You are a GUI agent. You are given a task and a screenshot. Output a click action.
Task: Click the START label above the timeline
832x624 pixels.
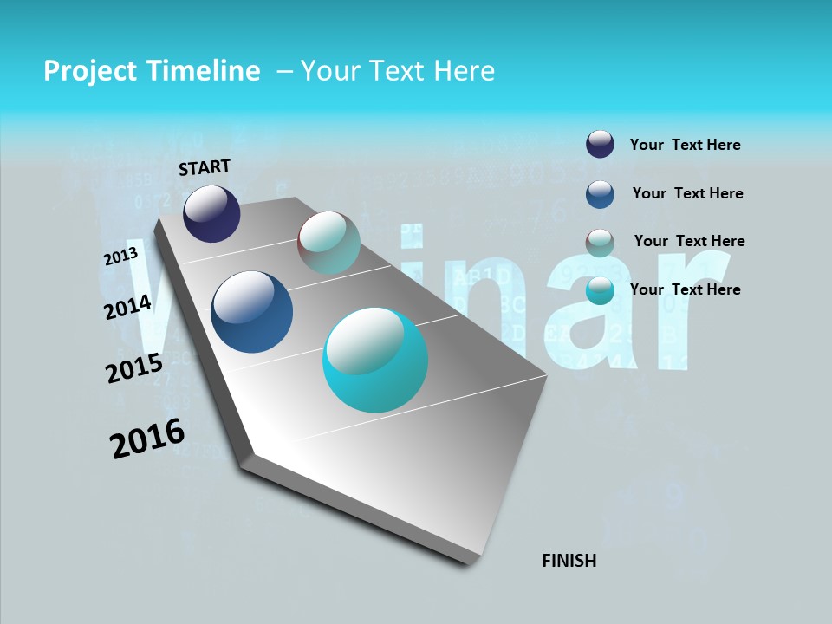click(x=205, y=166)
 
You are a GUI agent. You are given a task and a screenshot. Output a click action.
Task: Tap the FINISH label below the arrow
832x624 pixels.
click(x=569, y=561)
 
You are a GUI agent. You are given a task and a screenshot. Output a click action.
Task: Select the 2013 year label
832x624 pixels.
click(x=120, y=257)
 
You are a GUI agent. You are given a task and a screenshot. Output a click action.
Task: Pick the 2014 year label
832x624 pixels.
click(x=127, y=307)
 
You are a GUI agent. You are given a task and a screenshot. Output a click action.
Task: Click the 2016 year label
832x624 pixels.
click(x=147, y=439)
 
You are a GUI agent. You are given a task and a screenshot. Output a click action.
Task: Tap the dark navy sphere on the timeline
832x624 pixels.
click(x=211, y=213)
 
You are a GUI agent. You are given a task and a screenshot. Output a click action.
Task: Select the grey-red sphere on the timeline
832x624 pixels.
click(x=328, y=243)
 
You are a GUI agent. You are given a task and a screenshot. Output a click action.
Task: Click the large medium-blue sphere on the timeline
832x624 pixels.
click(x=251, y=312)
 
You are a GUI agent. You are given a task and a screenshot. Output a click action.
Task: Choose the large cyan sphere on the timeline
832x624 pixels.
click(x=375, y=360)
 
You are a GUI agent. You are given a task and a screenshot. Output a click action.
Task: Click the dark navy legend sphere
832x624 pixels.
click(x=600, y=145)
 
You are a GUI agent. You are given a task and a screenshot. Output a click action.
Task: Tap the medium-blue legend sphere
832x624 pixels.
click(x=600, y=194)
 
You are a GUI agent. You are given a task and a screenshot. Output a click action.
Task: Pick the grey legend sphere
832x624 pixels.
click(x=600, y=243)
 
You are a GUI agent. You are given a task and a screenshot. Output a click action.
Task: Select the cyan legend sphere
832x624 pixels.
click(x=600, y=291)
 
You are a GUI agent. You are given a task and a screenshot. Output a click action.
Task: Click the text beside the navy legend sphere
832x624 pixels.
click(x=685, y=145)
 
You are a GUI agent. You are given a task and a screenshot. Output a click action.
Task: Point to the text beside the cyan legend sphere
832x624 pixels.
click(x=685, y=289)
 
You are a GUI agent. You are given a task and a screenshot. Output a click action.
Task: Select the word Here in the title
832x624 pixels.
click(x=464, y=71)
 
